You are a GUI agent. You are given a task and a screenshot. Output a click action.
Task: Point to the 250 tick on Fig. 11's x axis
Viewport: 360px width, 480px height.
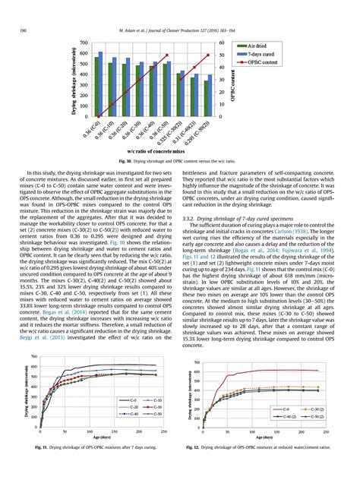pos(164,431)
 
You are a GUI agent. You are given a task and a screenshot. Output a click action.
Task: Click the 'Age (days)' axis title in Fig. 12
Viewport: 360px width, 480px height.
pos(264,437)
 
